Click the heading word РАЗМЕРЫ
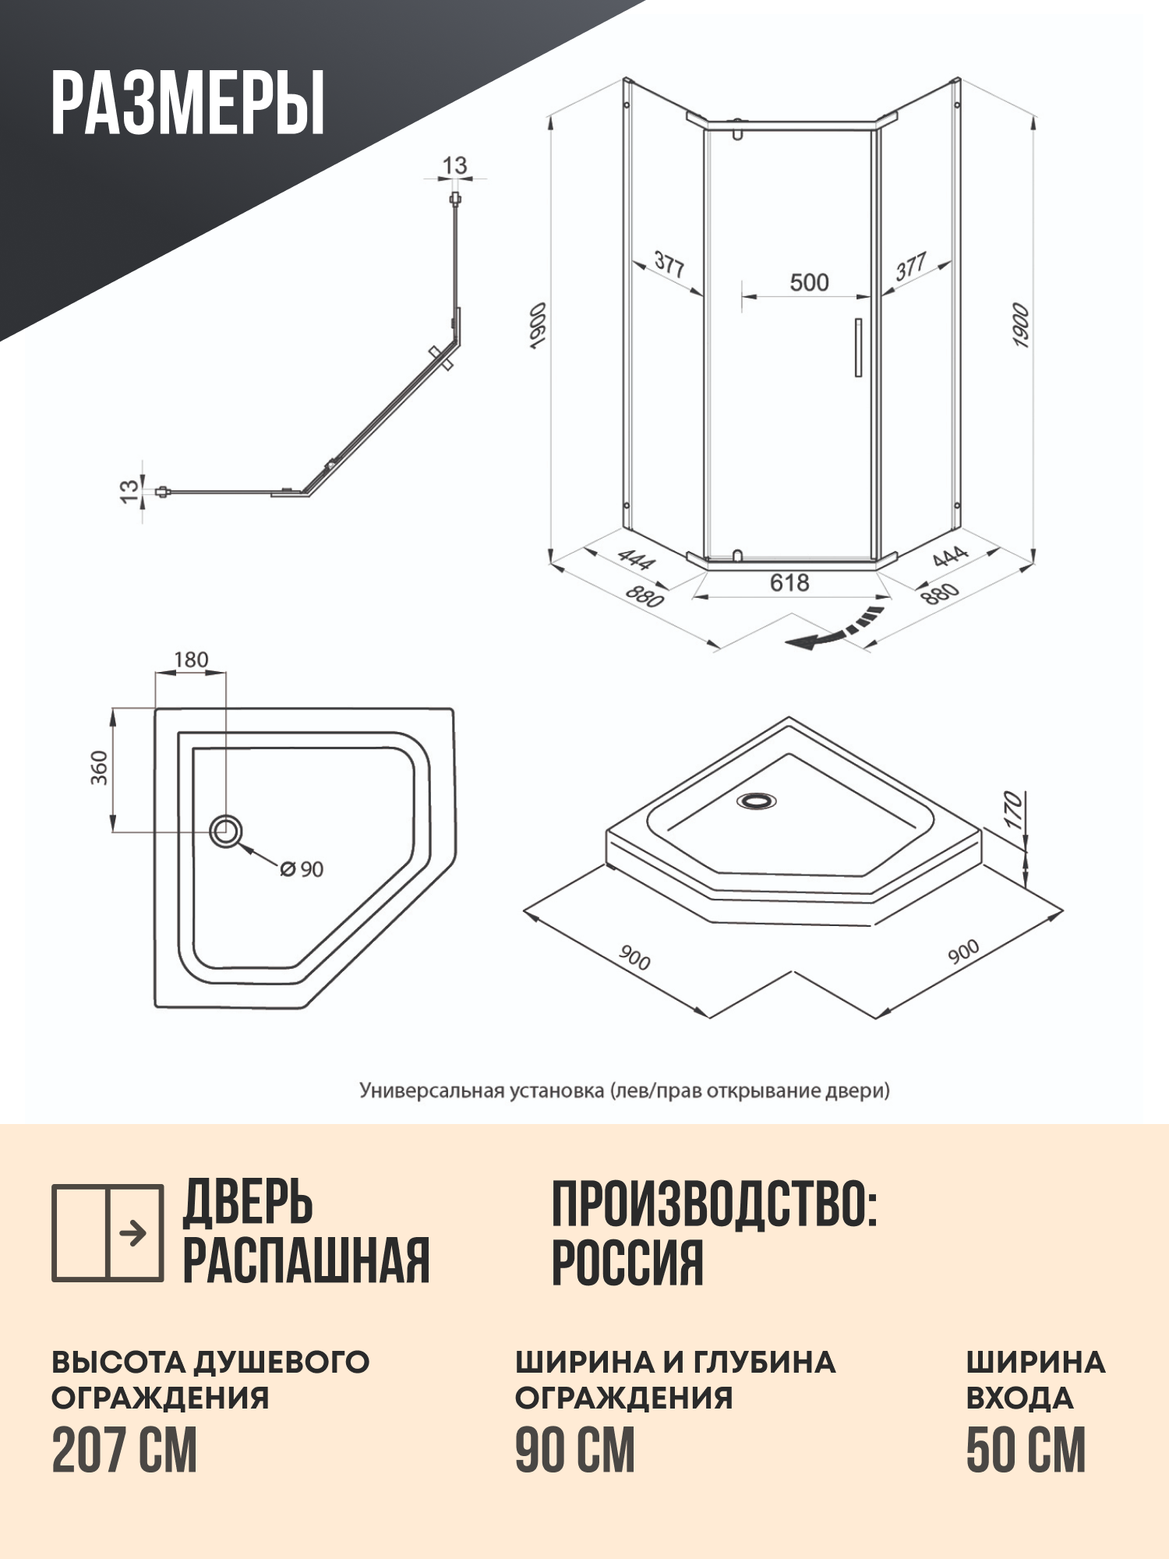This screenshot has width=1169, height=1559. click(188, 103)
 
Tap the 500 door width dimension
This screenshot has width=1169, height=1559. click(809, 282)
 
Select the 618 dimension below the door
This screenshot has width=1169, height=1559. click(789, 582)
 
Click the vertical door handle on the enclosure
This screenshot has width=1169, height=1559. click(858, 348)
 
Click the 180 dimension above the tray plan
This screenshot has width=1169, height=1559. click(191, 660)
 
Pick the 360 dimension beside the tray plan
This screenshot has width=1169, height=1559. click(100, 768)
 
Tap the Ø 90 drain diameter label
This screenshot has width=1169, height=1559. click(302, 869)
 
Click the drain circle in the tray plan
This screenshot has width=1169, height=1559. click(226, 832)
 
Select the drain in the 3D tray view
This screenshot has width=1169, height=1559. click(756, 801)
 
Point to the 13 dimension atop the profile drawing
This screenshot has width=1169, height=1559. click(454, 165)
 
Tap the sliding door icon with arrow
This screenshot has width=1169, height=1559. click(108, 1233)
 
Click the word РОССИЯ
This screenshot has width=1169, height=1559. click(627, 1264)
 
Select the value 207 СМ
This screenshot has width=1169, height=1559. click(125, 1451)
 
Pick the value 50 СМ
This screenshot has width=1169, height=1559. click(1026, 1451)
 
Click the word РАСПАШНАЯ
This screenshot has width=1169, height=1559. click(306, 1260)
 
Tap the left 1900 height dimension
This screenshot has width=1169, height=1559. click(537, 326)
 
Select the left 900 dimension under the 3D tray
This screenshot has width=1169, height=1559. click(634, 958)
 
